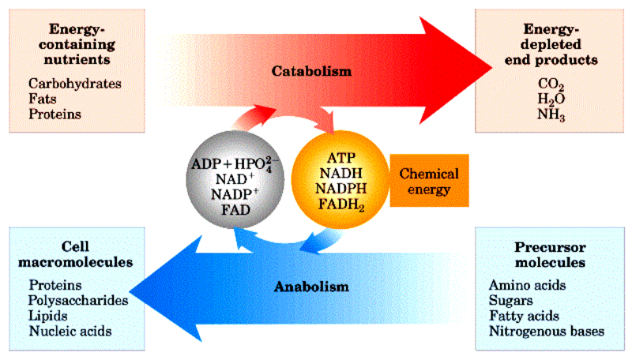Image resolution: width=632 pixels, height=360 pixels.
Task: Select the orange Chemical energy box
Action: [429, 181]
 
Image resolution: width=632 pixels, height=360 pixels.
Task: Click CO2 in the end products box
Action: [551, 83]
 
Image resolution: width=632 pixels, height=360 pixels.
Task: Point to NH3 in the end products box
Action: [552, 115]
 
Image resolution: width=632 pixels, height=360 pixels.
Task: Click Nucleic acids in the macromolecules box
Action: [70, 332]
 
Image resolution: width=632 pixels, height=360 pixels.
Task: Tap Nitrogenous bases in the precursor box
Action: [546, 332]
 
